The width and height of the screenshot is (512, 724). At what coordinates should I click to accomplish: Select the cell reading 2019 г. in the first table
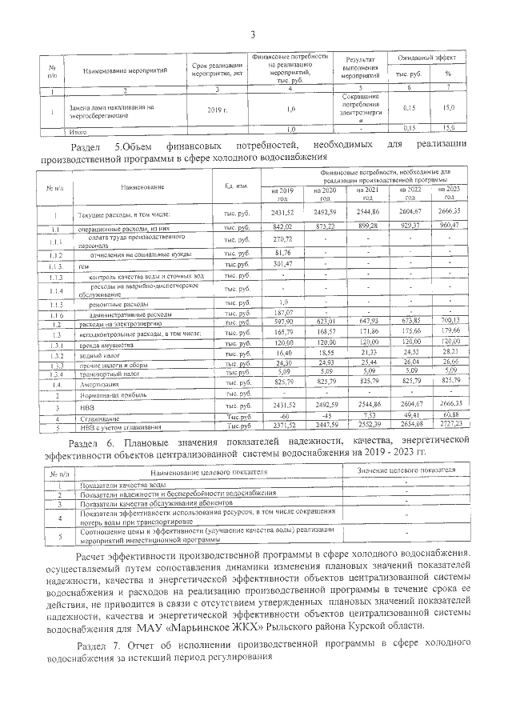click(x=217, y=108)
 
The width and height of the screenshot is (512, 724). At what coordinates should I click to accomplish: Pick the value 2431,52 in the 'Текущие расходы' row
click(x=283, y=214)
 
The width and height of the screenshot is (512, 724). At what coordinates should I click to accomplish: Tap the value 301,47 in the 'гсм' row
click(x=283, y=264)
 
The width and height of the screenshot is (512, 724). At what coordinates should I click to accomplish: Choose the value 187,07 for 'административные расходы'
click(x=283, y=313)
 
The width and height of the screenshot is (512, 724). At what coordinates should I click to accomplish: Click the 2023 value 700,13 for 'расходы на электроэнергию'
click(x=450, y=322)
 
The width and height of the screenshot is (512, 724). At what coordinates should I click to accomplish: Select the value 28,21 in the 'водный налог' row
click(x=450, y=350)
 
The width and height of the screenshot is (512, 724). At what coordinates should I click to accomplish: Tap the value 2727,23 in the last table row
click(x=450, y=426)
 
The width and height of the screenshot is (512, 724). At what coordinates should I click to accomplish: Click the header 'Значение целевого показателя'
click(x=406, y=473)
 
